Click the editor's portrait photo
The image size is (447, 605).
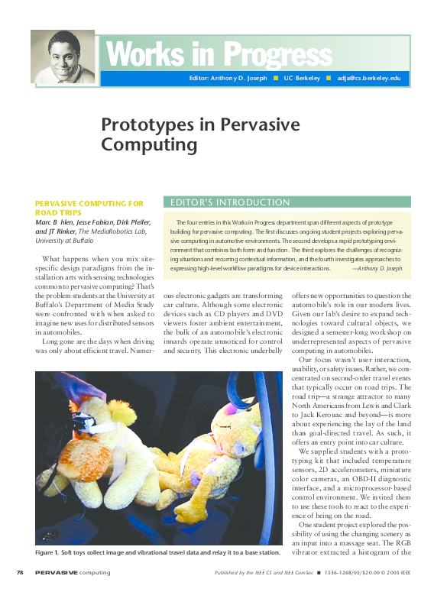point(63,57)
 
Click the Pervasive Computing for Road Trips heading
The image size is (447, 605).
point(89,209)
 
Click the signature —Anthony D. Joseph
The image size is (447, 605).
point(377,269)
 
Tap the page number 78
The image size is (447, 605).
point(21,573)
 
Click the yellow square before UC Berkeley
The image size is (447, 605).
point(276,79)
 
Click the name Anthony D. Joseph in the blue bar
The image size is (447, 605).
point(235,79)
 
